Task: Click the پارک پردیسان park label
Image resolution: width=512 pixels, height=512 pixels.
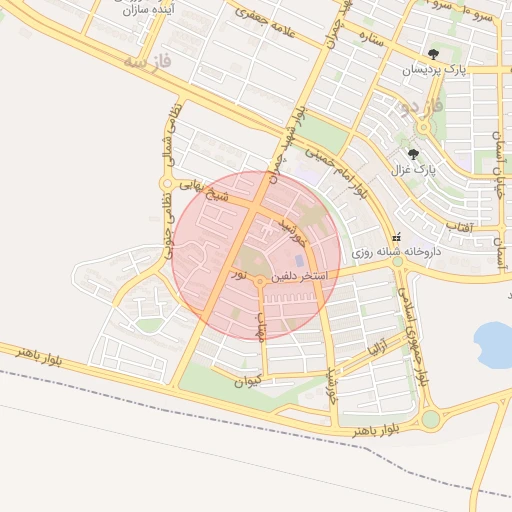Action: tap(435, 70)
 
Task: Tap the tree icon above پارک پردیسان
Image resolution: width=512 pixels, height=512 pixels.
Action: tap(433, 55)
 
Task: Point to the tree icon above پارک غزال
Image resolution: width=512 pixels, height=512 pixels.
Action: tap(413, 154)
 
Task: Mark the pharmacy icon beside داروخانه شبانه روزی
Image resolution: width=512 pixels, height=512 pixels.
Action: tap(397, 238)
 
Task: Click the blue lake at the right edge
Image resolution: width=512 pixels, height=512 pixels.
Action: tap(493, 343)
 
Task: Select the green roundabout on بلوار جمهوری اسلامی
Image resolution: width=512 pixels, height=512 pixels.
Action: tap(431, 419)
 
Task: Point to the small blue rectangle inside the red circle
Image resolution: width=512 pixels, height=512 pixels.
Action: tap(298, 261)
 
